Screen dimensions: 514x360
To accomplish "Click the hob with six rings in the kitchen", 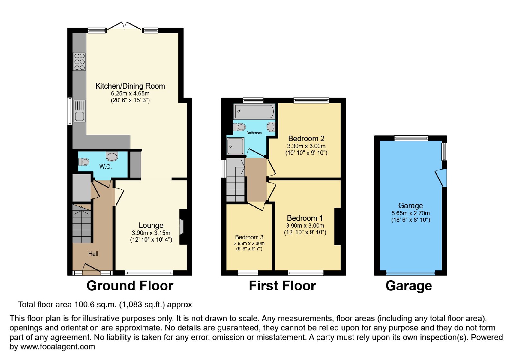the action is [79, 61].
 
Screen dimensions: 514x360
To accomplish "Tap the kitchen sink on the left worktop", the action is [80, 111].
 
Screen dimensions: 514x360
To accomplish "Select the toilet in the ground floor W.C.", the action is [84, 162].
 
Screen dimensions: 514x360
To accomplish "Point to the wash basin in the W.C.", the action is [112, 156].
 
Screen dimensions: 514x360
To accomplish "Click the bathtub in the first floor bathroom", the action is [254, 111].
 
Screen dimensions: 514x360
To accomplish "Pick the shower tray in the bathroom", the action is [235, 146].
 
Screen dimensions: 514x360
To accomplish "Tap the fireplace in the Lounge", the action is [183, 227].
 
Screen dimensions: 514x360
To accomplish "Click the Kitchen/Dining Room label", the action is [130, 86].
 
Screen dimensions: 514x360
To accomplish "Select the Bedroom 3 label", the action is [249, 237].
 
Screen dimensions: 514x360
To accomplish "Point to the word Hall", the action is [93, 254].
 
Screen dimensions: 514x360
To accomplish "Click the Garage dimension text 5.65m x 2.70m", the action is [411, 213].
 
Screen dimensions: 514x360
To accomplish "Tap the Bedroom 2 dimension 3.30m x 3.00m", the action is [306, 146].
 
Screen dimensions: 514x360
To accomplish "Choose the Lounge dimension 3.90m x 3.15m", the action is [151, 233].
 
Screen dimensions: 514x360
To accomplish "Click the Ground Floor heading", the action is [130, 286].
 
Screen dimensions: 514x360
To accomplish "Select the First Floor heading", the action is [282, 286].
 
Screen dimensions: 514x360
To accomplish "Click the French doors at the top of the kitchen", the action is [124, 26].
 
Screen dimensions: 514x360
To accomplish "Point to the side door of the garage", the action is [441, 178].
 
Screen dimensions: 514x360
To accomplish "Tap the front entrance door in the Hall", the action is [91, 269].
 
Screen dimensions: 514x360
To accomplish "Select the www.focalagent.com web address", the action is [58, 347].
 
